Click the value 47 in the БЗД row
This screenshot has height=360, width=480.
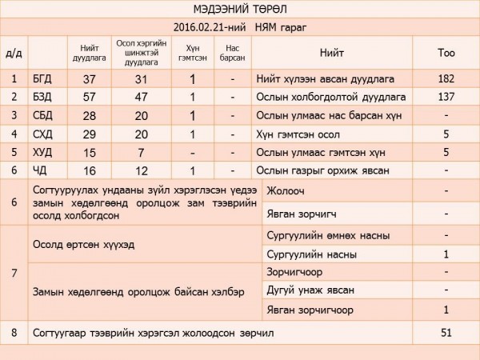(140, 97)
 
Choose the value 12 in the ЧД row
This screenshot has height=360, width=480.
(140, 170)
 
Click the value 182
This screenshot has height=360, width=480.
(446, 78)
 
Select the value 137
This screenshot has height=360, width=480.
(446, 97)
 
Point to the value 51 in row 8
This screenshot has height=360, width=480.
(446, 331)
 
